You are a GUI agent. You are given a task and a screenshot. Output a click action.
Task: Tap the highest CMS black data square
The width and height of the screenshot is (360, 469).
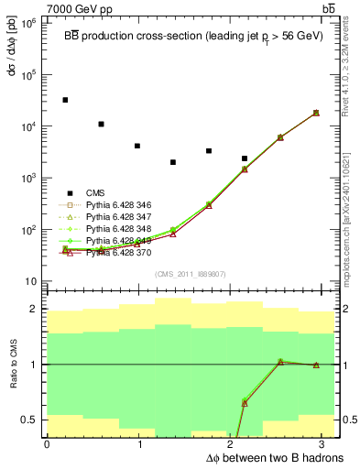(x=65, y=100)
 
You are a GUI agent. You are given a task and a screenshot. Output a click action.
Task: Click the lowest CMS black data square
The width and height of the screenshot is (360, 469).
(x=172, y=162)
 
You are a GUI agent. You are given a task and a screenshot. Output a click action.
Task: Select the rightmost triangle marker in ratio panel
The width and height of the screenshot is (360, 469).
(x=316, y=365)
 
